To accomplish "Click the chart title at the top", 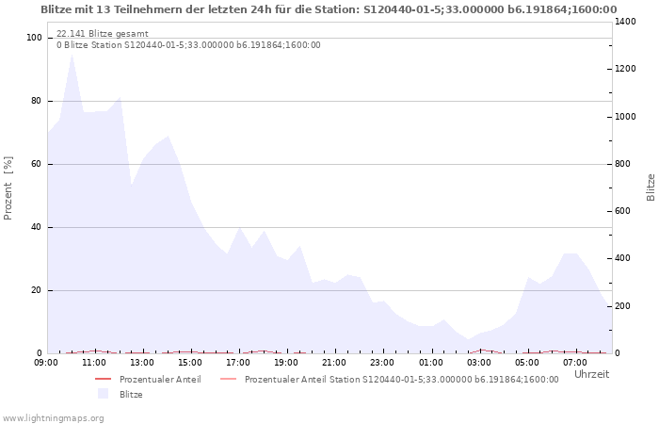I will tap(329, 9).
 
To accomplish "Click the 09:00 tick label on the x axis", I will tap(46, 362).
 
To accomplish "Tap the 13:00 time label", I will tap(142, 362).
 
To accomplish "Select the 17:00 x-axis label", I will tap(239, 362).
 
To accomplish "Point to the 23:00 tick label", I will tap(383, 362).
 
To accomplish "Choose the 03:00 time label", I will tap(480, 362).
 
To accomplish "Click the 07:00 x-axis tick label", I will tap(576, 362).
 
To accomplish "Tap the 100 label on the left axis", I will tap(34, 38).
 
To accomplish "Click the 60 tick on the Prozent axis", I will tap(37, 164).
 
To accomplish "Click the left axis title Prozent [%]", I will tap(8, 188).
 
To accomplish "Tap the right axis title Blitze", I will tap(651, 187).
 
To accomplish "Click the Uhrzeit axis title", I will tap(591, 374).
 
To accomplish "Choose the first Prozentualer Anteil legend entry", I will tap(160, 380).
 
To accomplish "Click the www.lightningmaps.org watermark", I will tap(53, 417).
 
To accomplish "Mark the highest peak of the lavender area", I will tap(72, 54).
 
